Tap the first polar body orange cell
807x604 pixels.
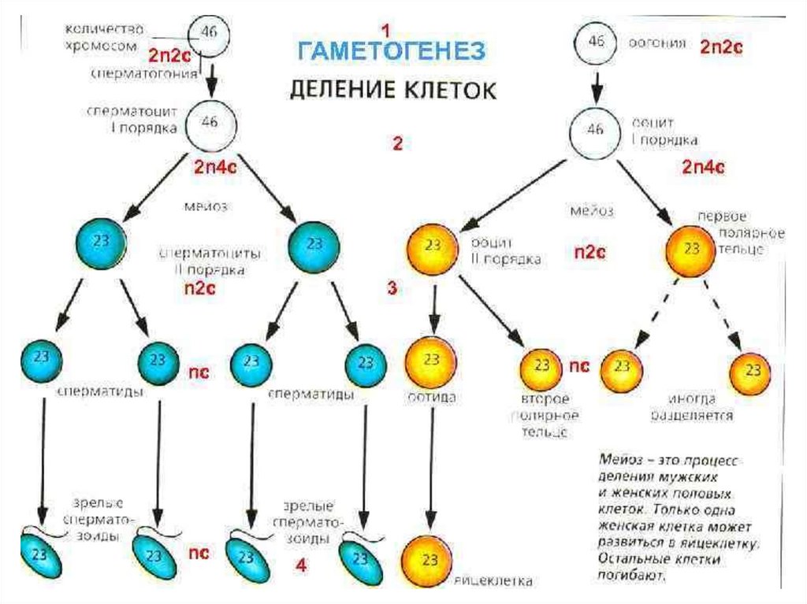point(691,246)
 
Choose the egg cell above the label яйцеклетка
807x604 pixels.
point(430,560)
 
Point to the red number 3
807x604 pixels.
point(392,288)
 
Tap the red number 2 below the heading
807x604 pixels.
point(397,144)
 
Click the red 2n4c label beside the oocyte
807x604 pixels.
point(703,167)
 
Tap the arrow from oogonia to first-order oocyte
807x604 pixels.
point(597,81)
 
